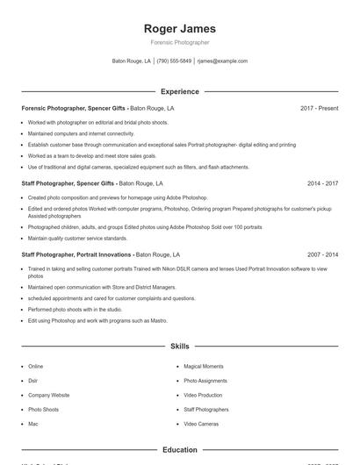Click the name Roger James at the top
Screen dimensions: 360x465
click(x=179, y=28)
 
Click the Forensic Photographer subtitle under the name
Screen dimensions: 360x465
click(x=179, y=42)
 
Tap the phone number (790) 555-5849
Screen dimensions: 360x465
click(x=174, y=61)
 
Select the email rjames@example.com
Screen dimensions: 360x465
click(x=222, y=61)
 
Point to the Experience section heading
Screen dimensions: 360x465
click(x=179, y=91)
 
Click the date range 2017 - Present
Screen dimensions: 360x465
click(x=319, y=108)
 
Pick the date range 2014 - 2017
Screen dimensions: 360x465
click(x=322, y=184)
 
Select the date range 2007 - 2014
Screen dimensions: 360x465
click(x=322, y=254)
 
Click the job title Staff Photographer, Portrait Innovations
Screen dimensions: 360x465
click(x=74, y=254)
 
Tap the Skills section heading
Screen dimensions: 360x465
click(x=179, y=347)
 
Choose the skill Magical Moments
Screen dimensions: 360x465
click(x=203, y=366)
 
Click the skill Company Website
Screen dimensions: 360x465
click(x=48, y=395)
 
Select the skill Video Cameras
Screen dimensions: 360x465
click(x=201, y=424)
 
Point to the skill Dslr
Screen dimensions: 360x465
click(x=33, y=381)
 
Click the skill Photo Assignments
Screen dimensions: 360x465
click(x=205, y=381)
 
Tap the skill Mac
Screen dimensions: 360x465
click(x=33, y=424)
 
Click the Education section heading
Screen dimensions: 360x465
click(x=179, y=450)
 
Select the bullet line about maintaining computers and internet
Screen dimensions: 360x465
click(x=75, y=133)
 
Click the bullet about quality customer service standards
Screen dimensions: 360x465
click(x=77, y=238)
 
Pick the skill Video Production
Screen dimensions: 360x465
click(x=203, y=395)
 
